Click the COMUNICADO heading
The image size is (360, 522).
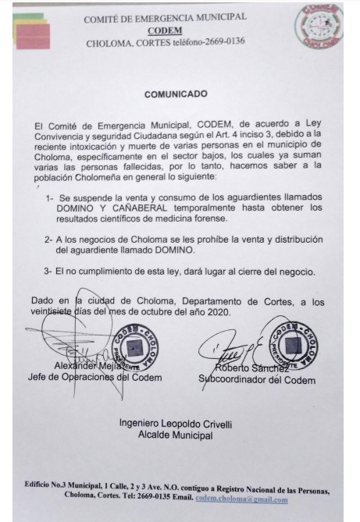[x=176, y=94]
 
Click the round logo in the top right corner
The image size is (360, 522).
[x=318, y=27]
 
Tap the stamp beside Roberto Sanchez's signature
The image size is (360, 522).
[x=291, y=343]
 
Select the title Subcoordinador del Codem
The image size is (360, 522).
[x=257, y=380]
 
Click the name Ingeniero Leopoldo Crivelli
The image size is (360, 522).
[x=175, y=423]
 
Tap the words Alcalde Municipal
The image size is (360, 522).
[x=175, y=435]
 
